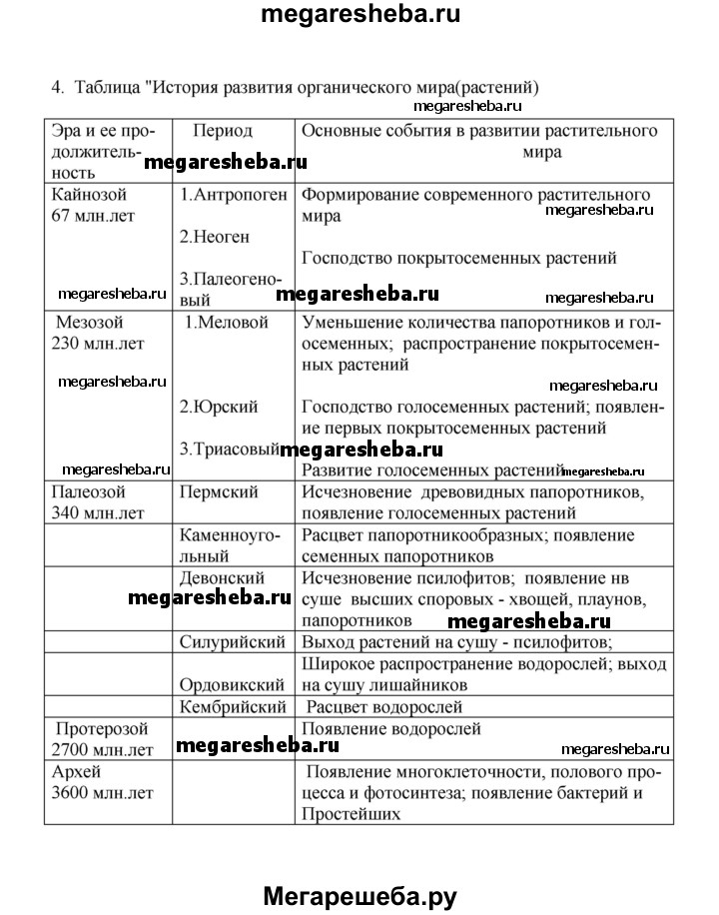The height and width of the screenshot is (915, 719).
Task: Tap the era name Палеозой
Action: click(x=91, y=491)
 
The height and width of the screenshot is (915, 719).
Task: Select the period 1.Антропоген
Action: click(x=234, y=194)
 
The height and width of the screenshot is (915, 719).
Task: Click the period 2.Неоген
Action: click(x=214, y=237)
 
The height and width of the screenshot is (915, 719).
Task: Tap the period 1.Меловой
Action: click(x=228, y=322)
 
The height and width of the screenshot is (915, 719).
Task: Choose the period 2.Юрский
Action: click(x=219, y=407)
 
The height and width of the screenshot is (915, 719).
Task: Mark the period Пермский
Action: click(x=219, y=491)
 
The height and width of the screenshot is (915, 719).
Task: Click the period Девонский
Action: click(x=221, y=577)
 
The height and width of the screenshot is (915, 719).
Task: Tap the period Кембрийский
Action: click(x=234, y=706)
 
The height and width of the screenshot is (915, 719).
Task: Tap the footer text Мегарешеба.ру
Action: click(x=359, y=871)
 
